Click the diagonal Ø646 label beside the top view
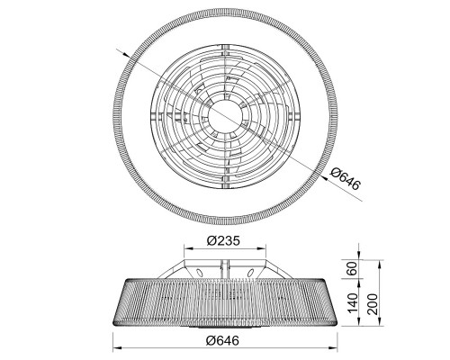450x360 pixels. (345, 179)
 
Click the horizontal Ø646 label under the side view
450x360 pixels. (223, 340)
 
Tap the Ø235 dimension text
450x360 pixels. (223, 240)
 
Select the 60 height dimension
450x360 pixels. (353, 268)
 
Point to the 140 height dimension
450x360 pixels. (353, 302)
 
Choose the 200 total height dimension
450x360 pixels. (373, 304)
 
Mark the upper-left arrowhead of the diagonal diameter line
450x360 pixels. (125, 53)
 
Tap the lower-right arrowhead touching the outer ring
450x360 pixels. (324, 177)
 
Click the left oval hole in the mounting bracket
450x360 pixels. (199, 273)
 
